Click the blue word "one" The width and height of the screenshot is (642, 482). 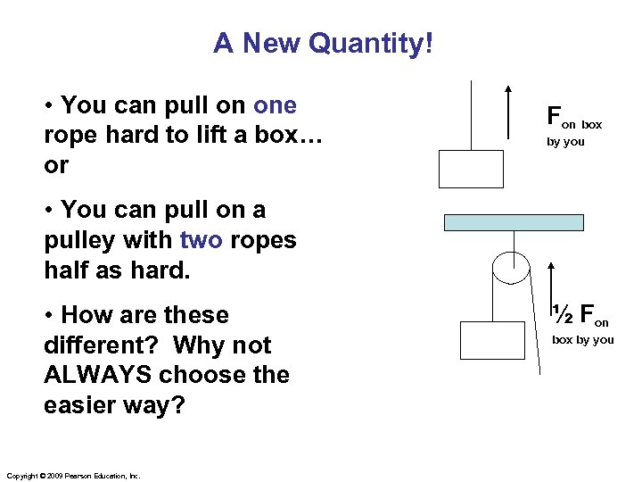(275, 105)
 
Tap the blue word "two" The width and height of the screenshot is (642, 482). (202, 240)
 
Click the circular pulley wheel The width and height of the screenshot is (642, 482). (509, 269)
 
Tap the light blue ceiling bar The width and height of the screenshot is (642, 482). (513, 222)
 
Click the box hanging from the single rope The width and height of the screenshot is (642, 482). (471, 169)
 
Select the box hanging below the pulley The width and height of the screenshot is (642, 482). (492, 339)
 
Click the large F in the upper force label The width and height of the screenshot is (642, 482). (553, 114)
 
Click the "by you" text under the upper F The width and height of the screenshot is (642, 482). (565, 141)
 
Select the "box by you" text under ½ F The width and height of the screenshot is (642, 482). (582, 339)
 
